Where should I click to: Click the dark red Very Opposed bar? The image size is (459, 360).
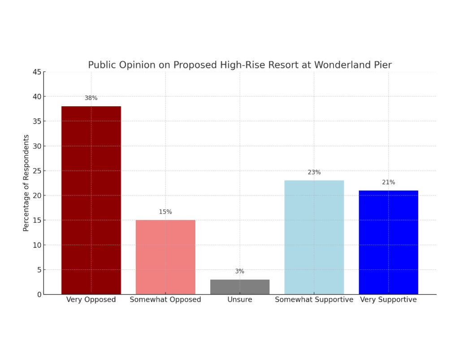point(91,200)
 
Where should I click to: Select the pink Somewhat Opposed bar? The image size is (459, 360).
point(165,257)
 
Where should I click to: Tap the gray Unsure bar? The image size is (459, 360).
point(240,287)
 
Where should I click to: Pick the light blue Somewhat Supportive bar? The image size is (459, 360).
point(314,237)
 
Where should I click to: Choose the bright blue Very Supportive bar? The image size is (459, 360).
point(388,242)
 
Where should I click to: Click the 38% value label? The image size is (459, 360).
point(91,98)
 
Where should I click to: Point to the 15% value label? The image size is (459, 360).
point(165,212)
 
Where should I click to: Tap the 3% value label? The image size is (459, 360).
point(240,271)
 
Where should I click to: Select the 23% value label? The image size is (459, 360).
point(314,172)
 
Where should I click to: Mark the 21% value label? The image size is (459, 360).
point(388,182)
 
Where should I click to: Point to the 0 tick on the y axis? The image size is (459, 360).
point(39,295)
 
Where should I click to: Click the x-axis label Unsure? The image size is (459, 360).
point(240,300)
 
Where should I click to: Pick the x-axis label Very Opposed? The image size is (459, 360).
point(91,300)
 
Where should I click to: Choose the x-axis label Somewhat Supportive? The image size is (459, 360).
point(314,300)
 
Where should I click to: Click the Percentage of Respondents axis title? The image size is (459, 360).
point(26,183)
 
